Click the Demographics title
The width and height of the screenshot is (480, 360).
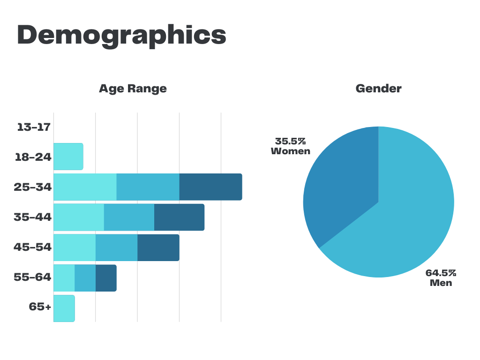pos(121,35)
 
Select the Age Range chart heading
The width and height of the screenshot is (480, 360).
pos(133,88)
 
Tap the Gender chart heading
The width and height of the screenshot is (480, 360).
pos(378,88)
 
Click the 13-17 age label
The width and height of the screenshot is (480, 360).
pos(33,127)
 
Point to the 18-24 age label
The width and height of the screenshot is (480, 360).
pos(33,157)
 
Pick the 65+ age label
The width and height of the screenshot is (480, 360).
pos(40,307)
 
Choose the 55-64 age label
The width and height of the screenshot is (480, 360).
pos(32,277)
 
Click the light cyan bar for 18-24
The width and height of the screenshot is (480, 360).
pos(68,157)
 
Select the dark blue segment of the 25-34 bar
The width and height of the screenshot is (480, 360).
pos(210,187)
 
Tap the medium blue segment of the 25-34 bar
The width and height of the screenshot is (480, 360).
pos(148,187)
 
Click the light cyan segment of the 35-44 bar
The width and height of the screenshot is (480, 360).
pos(79,217)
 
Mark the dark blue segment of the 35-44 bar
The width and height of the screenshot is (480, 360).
pos(179,217)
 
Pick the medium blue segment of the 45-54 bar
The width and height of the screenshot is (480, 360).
pos(116,247)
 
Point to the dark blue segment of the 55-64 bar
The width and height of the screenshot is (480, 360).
pos(106,278)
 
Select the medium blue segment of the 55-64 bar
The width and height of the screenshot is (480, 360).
pos(85,278)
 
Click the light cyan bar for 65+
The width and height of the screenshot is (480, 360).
pos(64,308)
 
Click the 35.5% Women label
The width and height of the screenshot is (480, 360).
pos(291,146)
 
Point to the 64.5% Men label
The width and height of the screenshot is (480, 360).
pos(441,277)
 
